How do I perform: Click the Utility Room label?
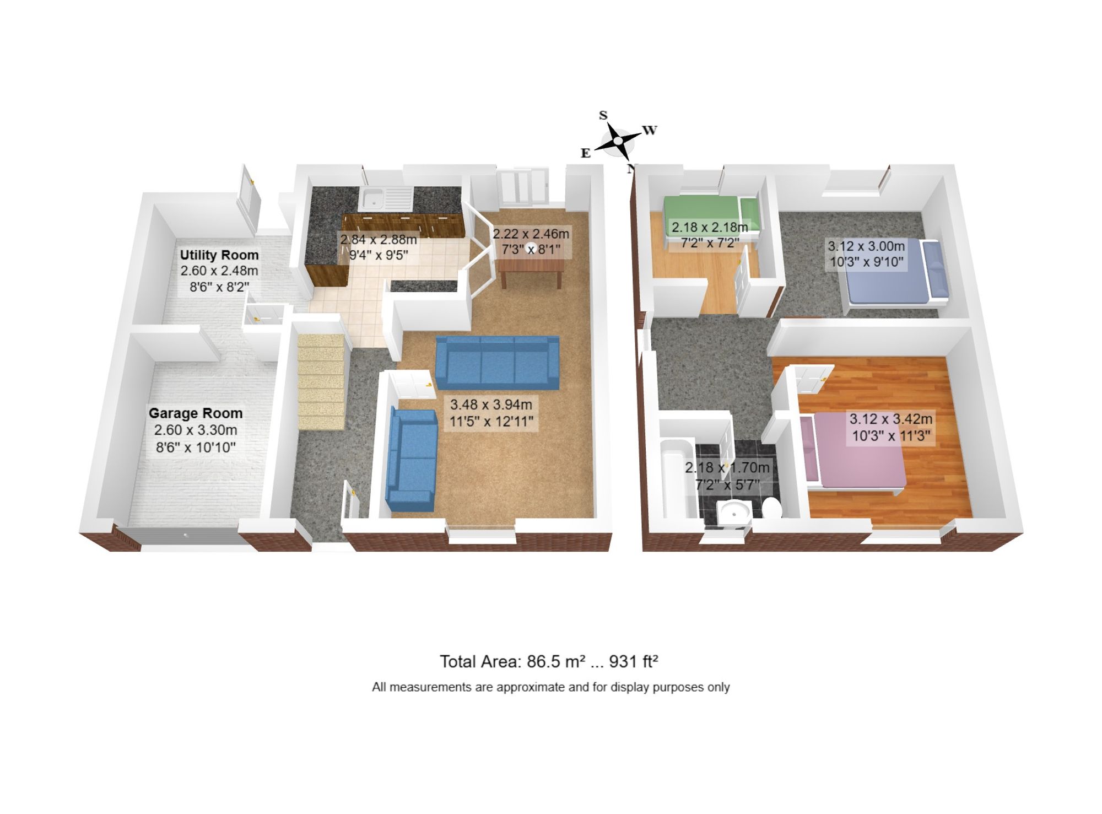(219, 255)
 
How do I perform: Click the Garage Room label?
(196, 413)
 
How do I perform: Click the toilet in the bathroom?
(771, 508)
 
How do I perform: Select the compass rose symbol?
(618, 141)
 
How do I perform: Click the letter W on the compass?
(650, 131)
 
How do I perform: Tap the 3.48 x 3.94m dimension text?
(491, 405)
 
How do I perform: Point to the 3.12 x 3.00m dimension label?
(866, 246)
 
